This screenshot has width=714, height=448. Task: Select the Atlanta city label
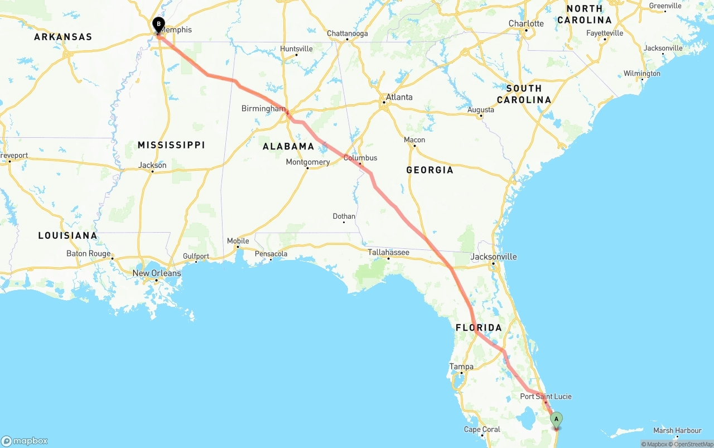pos(399,97)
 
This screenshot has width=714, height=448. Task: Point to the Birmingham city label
pos(263,108)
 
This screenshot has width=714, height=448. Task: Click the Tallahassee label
pos(388,253)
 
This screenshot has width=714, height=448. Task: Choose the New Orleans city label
pos(156,273)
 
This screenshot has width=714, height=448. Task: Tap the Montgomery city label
pos(307,162)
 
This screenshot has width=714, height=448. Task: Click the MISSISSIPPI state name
pos(171,145)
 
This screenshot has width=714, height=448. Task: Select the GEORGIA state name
pos(430,170)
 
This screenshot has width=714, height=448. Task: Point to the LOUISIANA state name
pos(67,235)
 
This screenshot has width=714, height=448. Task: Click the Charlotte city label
pos(525,23)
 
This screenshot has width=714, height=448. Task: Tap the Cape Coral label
pos(482,430)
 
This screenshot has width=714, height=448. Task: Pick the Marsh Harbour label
pos(677,431)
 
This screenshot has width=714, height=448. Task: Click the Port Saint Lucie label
pos(546,397)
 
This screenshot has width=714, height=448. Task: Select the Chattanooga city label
pos(347,33)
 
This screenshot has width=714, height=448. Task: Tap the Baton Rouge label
pos(88,253)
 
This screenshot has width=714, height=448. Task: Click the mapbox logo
pos(25,441)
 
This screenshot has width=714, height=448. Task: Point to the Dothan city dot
pos(344,223)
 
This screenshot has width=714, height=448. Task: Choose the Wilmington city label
pos(641,74)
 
